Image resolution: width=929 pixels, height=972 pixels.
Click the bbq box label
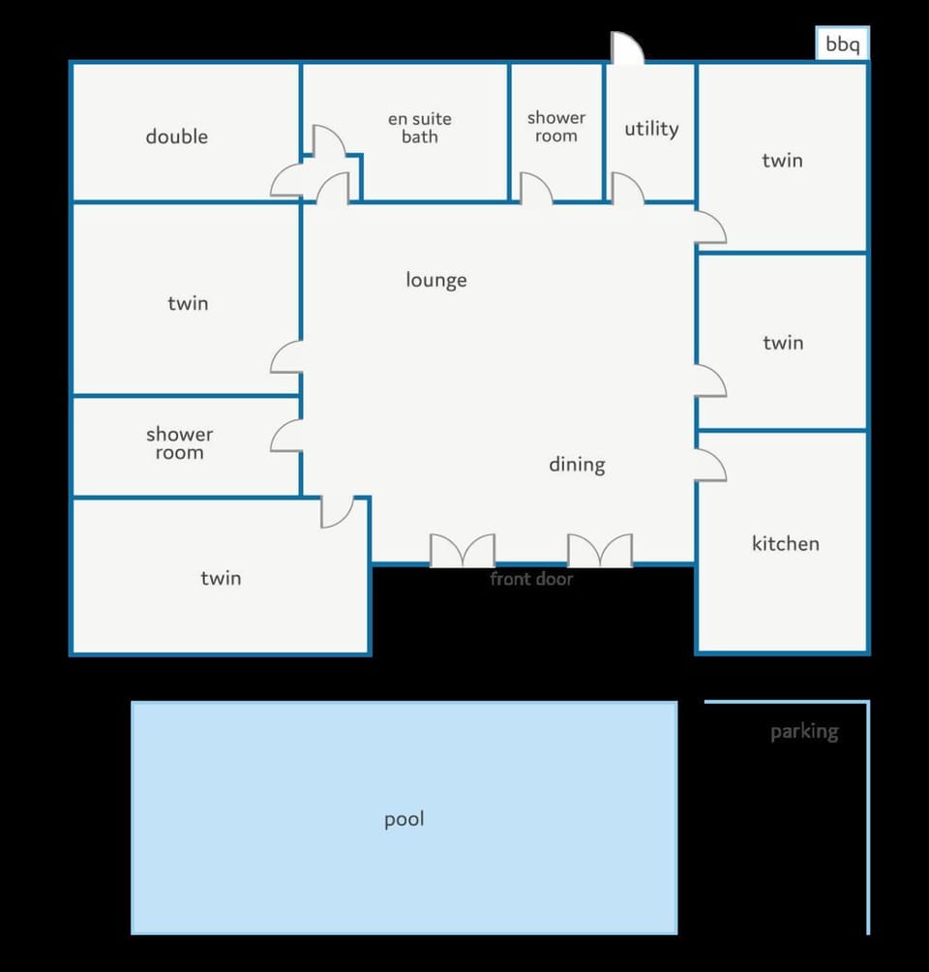pyautogui.click(x=842, y=45)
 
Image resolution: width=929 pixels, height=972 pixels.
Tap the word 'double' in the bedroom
pyautogui.click(x=177, y=137)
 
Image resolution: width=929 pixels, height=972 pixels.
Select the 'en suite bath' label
pyautogui.click(x=420, y=128)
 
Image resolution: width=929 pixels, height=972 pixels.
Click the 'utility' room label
pyautogui.click(x=651, y=129)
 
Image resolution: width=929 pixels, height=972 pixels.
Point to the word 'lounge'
pyautogui.click(x=436, y=280)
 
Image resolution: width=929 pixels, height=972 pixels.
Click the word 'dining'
pyautogui.click(x=577, y=465)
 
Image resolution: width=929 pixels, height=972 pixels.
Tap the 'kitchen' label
pyautogui.click(x=786, y=544)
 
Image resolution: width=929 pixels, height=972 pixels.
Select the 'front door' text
pyautogui.click(x=531, y=579)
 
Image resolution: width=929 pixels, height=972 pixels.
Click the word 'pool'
pyautogui.click(x=405, y=819)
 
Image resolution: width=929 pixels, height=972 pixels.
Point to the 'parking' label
pyautogui.click(x=804, y=732)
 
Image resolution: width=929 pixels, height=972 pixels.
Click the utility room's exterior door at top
pyautogui.click(x=627, y=47)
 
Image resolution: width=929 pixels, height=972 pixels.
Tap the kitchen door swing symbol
pyautogui.click(x=710, y=465)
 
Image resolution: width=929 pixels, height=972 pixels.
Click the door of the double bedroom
pyautogui.click(x=286, y=180)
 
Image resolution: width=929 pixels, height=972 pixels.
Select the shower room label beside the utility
pyautogui.click(x=555, y=127)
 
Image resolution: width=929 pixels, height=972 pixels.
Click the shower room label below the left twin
pyautogui.click(x=179, y=443)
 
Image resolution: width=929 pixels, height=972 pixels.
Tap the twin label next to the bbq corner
pyautogui.click(x=782, y=161)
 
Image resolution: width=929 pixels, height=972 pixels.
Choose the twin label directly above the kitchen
pyautogui.click(x=783, y=343)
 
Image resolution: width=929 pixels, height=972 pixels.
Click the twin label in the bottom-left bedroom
pyautogui.click(x=221, y=578)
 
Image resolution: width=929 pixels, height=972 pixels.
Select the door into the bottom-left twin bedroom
pyautogui.click(x=337, y=512)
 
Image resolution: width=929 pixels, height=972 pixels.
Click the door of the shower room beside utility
pyautogui.click(x=536, y=188)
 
